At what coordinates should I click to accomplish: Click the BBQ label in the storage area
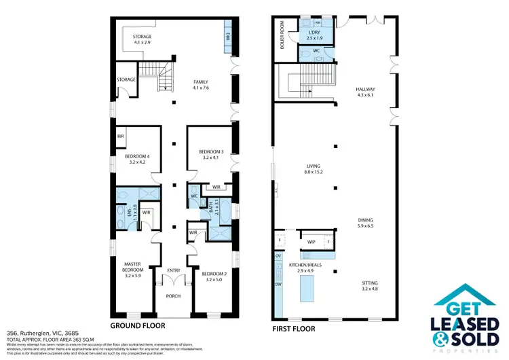[x=227, y=37]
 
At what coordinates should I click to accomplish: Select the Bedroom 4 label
[x=138, y=156]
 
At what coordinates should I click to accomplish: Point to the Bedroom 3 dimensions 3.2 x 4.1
[x=211, y=157]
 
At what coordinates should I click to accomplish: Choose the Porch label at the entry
[x=174, y=296]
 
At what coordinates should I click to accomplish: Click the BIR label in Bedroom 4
[x=120, y=136]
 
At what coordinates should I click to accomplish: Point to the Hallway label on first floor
[x=365, y=89]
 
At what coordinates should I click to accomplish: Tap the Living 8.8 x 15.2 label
[x=313, y=169]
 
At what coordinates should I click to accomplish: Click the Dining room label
[x=366, y=220]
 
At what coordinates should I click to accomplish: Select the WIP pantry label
[x=312, y=241]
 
